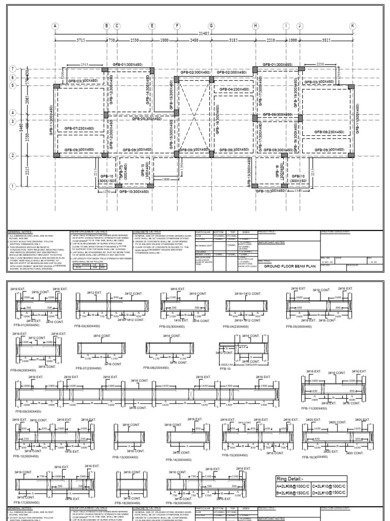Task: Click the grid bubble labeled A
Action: tap(55, 26)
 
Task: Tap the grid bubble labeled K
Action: tap(352, 26)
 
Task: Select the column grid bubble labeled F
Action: tap(177, 26)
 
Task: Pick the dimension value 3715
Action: tap(80, 40)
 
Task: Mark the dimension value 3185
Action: tap(233, 40)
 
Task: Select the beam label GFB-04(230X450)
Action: tap(235, 90)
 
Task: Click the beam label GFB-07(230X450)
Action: tap(79, 129)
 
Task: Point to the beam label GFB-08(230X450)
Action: tap(329, 132)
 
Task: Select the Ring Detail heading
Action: tap(290, 478)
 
